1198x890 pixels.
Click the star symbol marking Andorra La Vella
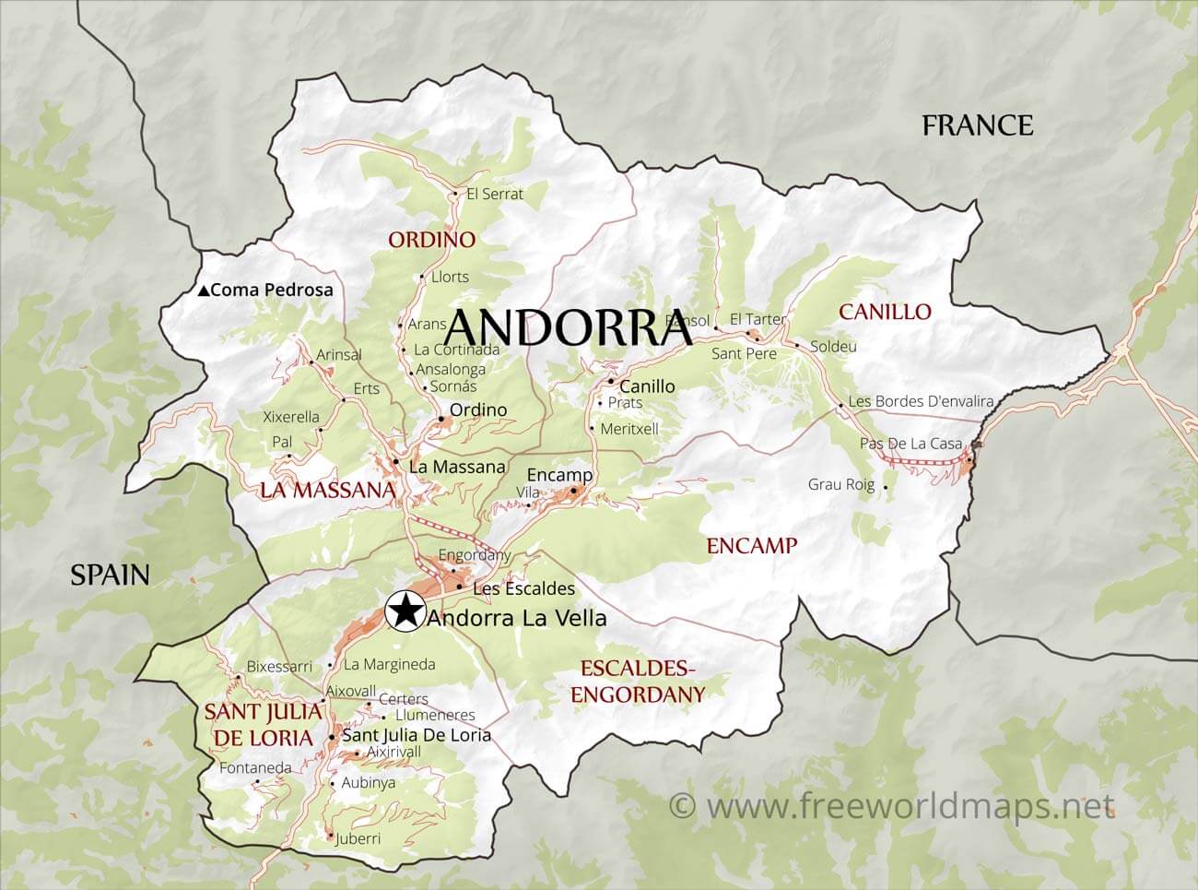point(403,610)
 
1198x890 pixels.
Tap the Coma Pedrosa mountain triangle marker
point(203,291)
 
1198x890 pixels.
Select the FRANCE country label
point(977,125)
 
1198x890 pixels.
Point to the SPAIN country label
point(110,575)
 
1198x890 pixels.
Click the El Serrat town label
point(494,194)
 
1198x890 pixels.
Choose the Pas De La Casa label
point(910,444)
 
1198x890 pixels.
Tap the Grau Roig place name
point(840,484)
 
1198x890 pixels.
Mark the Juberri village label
point(359,838)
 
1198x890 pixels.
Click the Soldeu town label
point(833,347)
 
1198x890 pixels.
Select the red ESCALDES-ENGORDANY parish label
point(637,682)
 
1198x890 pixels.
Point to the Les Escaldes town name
point(523,588)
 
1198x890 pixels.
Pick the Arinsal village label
point(338,354)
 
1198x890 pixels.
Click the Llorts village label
point(450,277)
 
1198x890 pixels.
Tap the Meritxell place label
point(629,429)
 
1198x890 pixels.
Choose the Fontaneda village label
point(255,767)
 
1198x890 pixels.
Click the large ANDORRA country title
point(571,327)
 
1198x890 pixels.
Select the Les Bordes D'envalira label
point(921,401)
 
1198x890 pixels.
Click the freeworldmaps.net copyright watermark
point(891,806)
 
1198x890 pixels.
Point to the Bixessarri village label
point(279,666)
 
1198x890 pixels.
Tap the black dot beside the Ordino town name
point(441,420)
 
